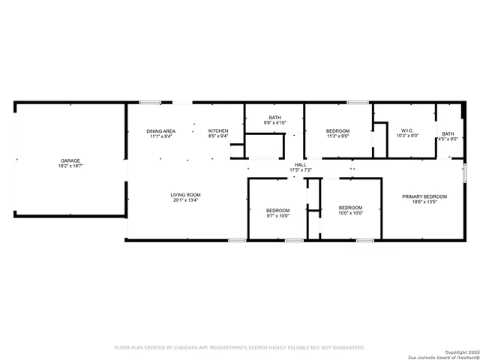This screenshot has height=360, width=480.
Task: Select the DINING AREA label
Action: [x=160, y=131]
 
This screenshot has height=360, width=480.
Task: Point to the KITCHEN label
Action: [x=218, y=131]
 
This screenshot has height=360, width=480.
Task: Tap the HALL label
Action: [x=300, y=164]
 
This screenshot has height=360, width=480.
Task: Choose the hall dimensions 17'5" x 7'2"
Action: [x=300, y=169]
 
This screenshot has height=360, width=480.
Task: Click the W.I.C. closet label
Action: [x=407, y=130]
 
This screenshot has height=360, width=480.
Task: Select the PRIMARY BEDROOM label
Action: [x=424, y=196]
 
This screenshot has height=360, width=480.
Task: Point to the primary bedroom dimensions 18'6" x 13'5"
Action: [x=424, y=202]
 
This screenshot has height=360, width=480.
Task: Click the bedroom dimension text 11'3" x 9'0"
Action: [x=337, y=136]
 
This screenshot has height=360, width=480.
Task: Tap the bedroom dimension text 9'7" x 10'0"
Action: [x=277, y=216]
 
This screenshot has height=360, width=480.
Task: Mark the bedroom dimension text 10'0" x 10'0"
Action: [x=350, y=213]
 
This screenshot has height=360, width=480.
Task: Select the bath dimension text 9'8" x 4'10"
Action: [x=275, y=122]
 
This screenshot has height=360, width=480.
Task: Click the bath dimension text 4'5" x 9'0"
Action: [x=448, y=139]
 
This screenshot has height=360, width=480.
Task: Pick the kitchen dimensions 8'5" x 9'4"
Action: [x=218, y=136]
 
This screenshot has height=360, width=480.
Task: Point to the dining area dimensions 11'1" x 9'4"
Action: [x=160, y=136]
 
